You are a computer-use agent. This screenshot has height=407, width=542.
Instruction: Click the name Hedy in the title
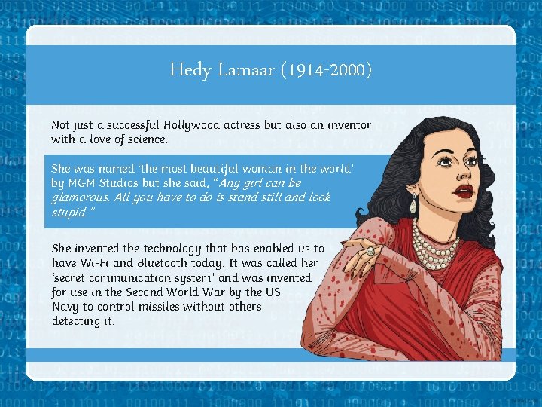(187, 71)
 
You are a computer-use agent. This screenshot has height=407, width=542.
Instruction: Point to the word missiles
(165, 307)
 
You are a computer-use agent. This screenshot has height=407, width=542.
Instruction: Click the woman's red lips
(464, 191)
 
